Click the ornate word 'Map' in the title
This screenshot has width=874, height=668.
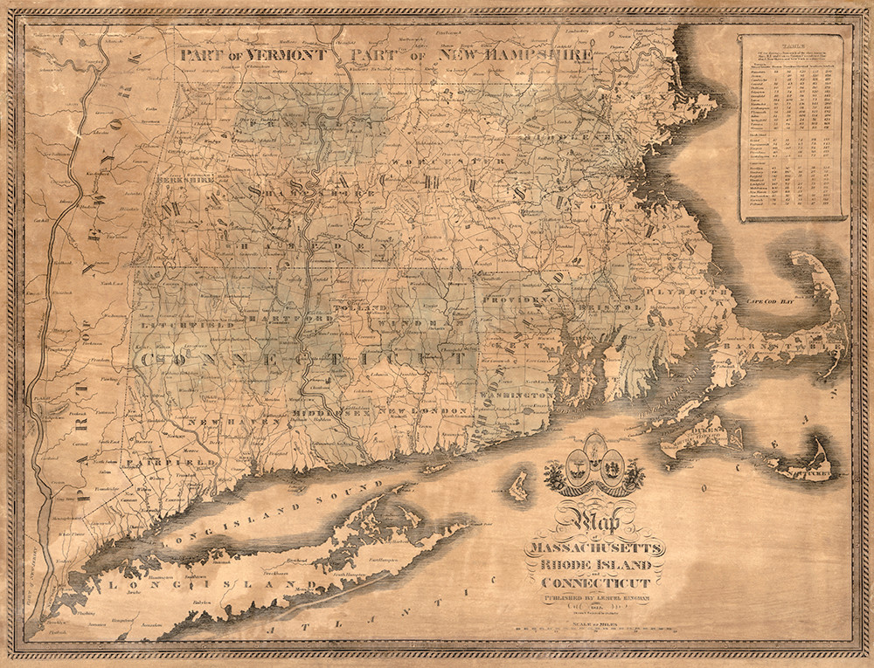[594, 522]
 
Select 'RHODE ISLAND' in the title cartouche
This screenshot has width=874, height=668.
[594, 565]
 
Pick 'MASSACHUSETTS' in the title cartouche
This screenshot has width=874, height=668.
[594, 547]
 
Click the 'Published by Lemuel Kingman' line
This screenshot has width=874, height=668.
[594, 599]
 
